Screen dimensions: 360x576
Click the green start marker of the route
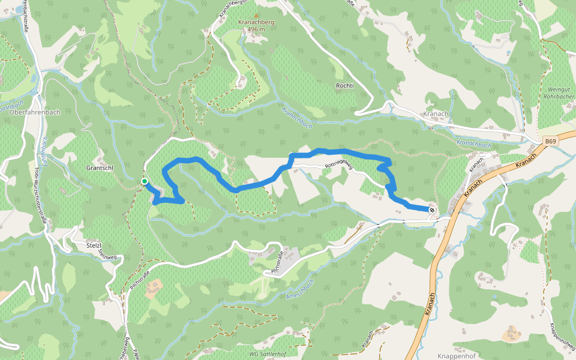[144, 181]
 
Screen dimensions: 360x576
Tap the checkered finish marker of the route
[431, 209]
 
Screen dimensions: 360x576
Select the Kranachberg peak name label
[256, 22]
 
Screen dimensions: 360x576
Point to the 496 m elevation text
[256, 29]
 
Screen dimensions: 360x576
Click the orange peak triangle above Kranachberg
[257, 16]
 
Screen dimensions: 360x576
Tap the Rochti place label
[345, 86]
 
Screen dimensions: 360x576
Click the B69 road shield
[551, 141]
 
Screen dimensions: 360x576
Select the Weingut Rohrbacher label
[559, 92]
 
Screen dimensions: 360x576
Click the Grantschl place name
[100, 168]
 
